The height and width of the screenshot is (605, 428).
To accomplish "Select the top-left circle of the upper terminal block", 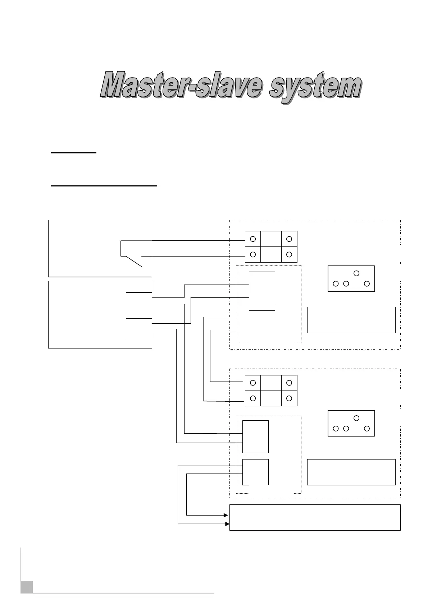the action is pyautogui.click(x=253, y=239).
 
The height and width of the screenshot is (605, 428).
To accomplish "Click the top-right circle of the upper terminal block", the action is pyautogui.click(x=289, y=239).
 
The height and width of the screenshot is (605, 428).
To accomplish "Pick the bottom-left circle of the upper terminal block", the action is pyautogui.click(x=253, y=254).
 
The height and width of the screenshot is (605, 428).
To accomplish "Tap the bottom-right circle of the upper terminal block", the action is pyautogui.click(x=289, y=254).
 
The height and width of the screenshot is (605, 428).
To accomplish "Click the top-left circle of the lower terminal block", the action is pyautogui.click(x=253, y=383).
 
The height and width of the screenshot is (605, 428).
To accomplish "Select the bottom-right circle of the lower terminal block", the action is pyautogui.click(x=289, y=398).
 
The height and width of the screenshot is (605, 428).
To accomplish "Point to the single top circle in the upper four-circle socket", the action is pyautogui.click(x=356, y=273).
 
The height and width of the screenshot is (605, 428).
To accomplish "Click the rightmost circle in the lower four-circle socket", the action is pyautogui.click(x=367, y=428).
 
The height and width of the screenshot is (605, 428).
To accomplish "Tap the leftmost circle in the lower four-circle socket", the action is pyautogui.click(x=336, y=428).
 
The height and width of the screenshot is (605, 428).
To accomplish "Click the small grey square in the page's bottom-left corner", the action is pyautogui.click(x=27, y=587).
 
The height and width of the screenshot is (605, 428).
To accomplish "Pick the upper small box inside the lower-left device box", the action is pyautogui.click(x=139, y=302).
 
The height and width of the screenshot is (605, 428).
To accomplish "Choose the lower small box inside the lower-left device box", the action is pyautogui.click(x=139, y=328).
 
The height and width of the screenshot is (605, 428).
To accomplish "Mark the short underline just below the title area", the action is pyautogui.click(x=74, y=153).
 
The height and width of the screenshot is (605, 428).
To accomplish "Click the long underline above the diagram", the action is pyautogui.click(x=104, y=186).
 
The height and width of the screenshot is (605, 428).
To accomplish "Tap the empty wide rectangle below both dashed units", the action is pyautogui.click(x=315, y=517).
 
